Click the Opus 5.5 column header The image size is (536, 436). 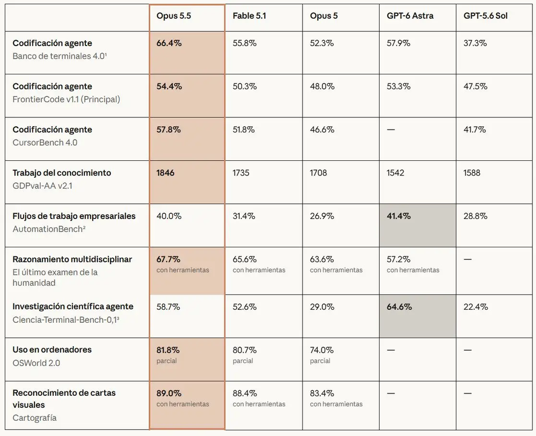(174, 16)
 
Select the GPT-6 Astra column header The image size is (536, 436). (410, 16)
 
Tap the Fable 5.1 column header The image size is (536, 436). (249, 16)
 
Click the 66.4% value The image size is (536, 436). (169, 43)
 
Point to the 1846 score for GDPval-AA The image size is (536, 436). (165, 173)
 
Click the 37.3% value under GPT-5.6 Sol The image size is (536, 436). (475, 43)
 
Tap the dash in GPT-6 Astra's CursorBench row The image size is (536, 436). (390, 130)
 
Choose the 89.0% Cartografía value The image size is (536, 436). (169, 393)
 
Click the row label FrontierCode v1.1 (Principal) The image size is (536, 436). (66, 100)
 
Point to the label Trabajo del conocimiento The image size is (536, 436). (62, 173)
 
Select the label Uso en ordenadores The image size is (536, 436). (52, 350)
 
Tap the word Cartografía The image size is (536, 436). (35, 418)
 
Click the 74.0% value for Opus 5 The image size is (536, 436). (322, 350)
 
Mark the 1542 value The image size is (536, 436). (396, 173)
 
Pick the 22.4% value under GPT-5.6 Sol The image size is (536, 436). (475, 307)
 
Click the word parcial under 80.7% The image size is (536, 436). (243, 361)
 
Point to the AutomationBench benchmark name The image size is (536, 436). (49, 229)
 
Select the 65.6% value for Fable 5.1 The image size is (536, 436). (245, 259)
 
